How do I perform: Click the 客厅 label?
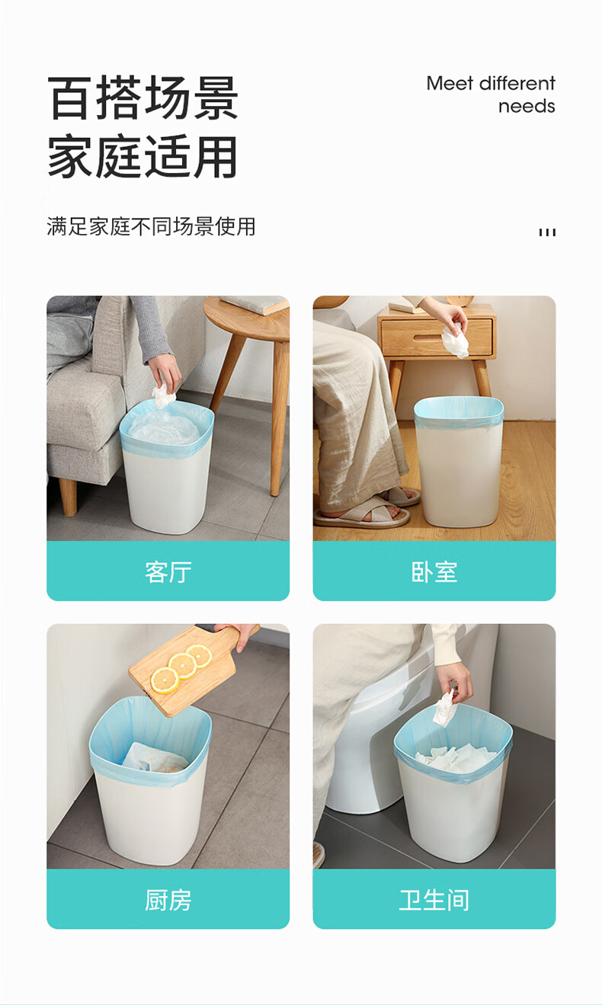coord(168,572)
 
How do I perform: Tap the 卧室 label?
coord(434,572)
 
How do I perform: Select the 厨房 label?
coord(168,900)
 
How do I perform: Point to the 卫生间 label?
coord(434,900)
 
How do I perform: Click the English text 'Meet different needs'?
coord(491,94)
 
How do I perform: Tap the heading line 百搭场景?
coord(142,98)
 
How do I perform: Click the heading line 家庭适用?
coord(142,156)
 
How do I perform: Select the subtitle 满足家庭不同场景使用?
coord(151,226)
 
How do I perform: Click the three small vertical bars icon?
coord(547,232)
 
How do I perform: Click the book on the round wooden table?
coord(256,304)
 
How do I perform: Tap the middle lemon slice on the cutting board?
coord(183,665)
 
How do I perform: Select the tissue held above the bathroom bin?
coord(444,708)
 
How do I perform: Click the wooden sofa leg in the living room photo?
coord(68,497)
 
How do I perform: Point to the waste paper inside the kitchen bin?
coord(155,757)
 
